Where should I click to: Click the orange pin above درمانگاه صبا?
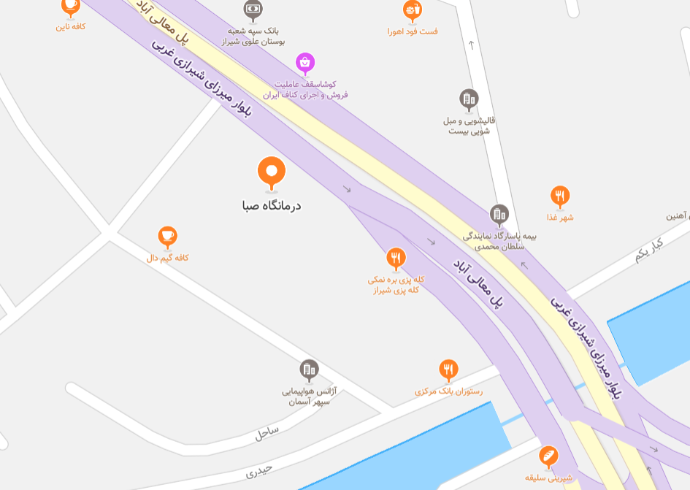272,172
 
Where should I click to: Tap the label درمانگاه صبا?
272,206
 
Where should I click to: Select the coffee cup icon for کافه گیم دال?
168,236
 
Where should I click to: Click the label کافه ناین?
71,27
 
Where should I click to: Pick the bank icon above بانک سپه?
253,9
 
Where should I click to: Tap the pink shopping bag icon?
305,63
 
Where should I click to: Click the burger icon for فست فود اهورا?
413,9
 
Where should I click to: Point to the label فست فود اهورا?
413,31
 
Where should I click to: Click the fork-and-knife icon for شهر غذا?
560,196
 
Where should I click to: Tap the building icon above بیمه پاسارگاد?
499,214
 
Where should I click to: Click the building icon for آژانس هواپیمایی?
310,370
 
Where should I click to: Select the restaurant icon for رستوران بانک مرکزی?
448,370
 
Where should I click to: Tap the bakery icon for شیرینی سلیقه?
548,456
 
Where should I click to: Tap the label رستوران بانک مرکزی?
448,391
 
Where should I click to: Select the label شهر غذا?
560,217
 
